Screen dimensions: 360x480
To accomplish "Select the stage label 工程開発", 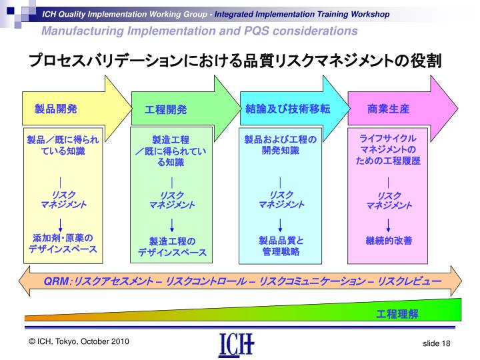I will coord(166,109).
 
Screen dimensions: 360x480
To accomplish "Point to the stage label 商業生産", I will coord(388,108).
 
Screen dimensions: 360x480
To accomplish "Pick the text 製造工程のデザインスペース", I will coord(172,247).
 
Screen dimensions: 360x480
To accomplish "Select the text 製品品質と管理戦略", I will coord(281,246).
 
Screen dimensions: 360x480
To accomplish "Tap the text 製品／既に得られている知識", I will coord(62,145).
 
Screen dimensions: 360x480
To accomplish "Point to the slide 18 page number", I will coord(437,343).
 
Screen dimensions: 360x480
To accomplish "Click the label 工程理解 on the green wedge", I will coord(398,313).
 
